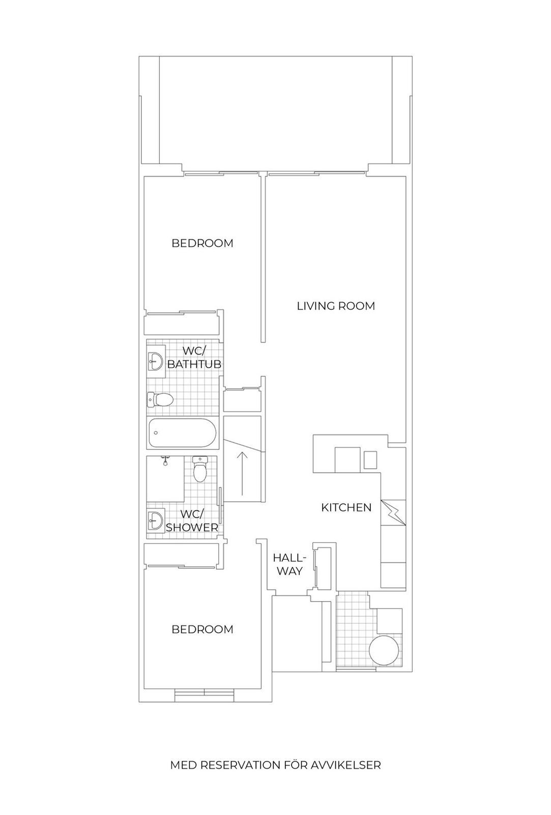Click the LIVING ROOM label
tap(336, 306)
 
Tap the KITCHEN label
tap(346, 507)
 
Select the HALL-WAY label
tap(289, 564)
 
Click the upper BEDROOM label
tap(202, 243)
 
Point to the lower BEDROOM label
tap(202, 629)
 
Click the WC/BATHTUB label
tap(194, 357)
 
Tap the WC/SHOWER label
tap(192, 521)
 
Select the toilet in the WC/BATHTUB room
tap(160, 400)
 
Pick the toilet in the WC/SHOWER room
tap(199, 469)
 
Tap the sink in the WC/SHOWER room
tap(156, 520)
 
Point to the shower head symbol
tap(165, 460)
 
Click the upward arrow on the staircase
tap(242, 473)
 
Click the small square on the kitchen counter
tap(371, 460)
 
